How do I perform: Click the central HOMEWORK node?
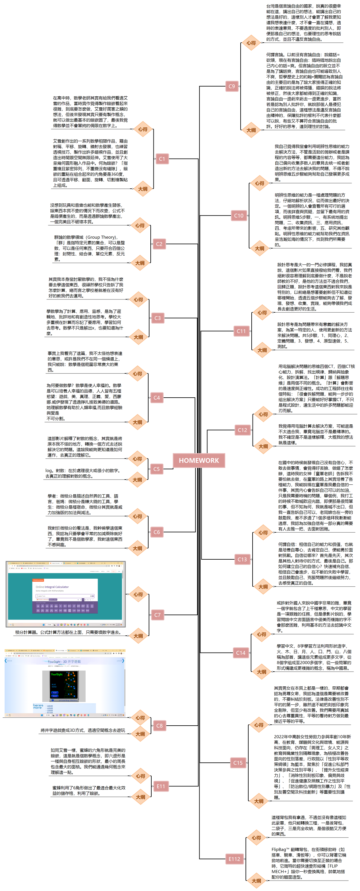coord(199,460)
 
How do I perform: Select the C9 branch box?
coord(232,86)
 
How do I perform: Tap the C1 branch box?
coord(162,159)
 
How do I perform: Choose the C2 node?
coord(159,244)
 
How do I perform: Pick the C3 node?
coord(158,318)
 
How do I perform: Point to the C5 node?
coord(157,469)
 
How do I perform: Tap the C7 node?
coord(157,615)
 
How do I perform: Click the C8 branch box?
coord(159,726)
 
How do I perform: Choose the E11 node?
coord(161,786)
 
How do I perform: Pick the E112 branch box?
coord(234,859)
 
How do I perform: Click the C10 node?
coord(238,215)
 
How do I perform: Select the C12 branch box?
coord(242,430)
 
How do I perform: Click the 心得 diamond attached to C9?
coord(251,43)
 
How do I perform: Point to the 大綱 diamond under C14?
coord(262,672)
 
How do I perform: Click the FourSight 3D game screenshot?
coord(65,683)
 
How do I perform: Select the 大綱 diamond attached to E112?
coord(257,881)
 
